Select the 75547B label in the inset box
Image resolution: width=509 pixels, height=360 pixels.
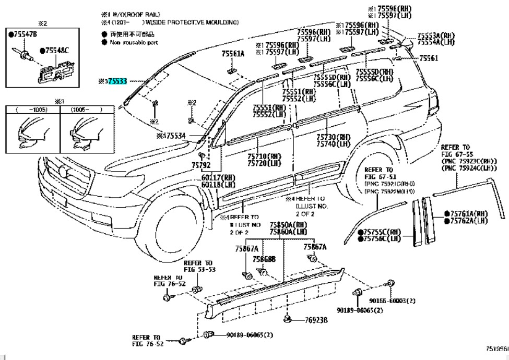point(23,34)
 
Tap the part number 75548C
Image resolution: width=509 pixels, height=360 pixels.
point(57,51)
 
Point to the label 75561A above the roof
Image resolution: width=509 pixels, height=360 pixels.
point(232,54)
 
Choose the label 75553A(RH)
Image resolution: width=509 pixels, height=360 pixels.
point(436,35)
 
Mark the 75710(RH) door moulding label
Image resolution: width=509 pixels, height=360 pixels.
point(264,157)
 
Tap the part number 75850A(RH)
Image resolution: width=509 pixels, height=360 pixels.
point(288,225)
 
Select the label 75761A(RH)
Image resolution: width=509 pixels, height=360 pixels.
point(469,214)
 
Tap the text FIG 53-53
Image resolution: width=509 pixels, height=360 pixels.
point(199,270)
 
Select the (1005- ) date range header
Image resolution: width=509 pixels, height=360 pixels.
point(86,110)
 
